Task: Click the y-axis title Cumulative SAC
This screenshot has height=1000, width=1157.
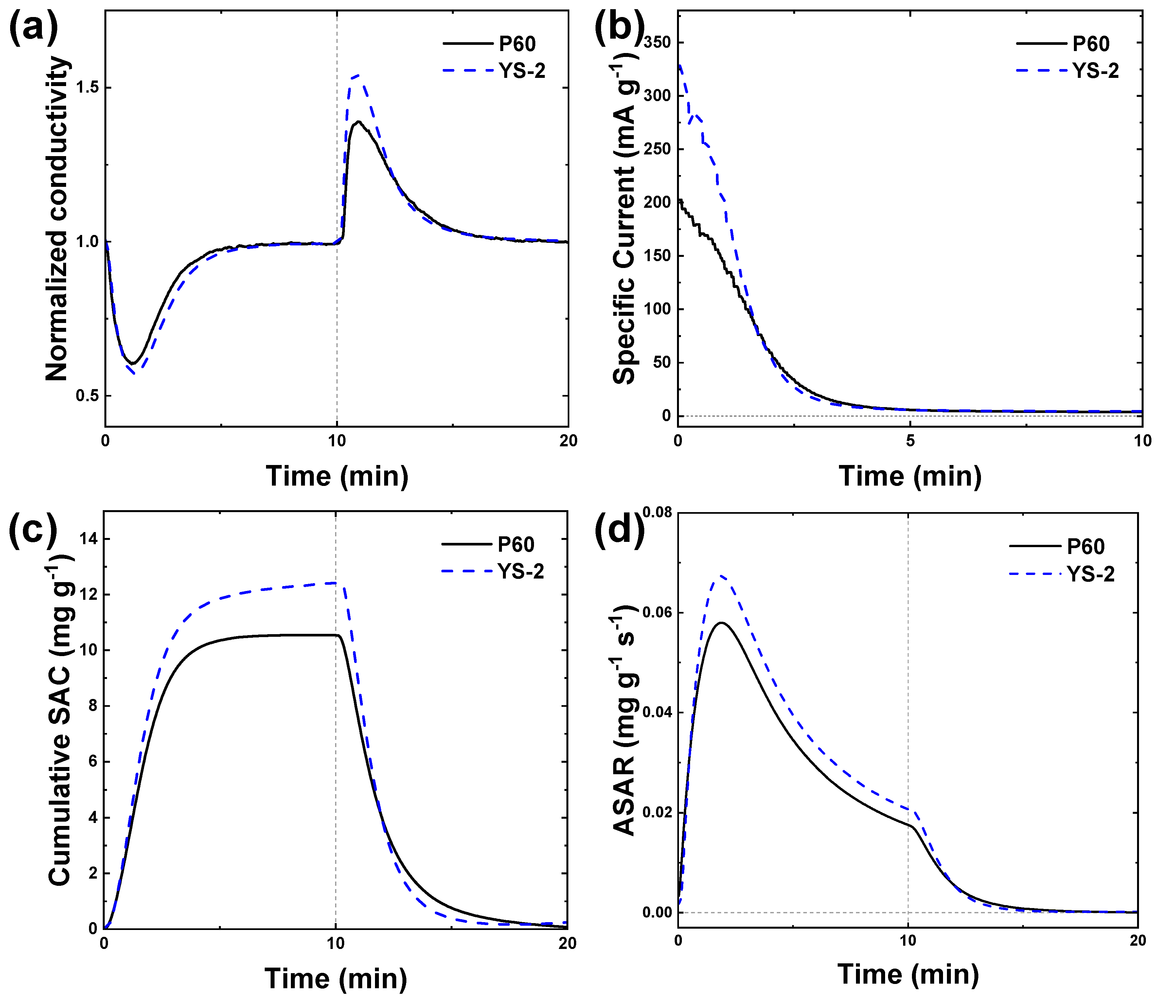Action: (x=60, y=720)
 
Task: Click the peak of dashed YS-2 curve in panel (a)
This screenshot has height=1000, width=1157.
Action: (x=358, y=75)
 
